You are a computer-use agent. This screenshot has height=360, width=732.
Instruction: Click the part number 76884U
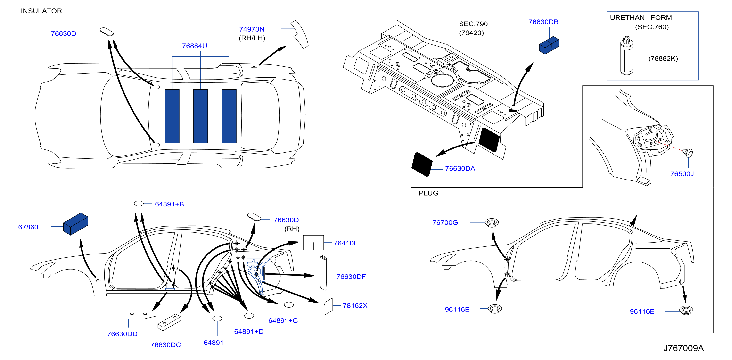(x=195, y=46)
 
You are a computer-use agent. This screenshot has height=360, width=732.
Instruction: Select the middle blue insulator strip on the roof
(x=200, y=116)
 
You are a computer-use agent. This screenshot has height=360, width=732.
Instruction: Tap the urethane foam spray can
(x=626, y=56)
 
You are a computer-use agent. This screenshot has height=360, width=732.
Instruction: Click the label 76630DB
(x=543, y=22)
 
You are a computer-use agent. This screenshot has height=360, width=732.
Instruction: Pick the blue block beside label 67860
(x=76, y=224)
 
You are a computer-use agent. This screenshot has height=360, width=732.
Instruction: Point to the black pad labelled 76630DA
(x=422, y=164)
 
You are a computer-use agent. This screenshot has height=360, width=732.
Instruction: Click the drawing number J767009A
(x=683, y=348)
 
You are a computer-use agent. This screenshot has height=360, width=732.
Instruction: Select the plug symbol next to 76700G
(x=492, y=222)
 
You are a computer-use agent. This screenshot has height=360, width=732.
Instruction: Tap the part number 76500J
(x=682, y=174)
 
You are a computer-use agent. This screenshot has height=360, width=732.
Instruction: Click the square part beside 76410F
(x=313, y=242)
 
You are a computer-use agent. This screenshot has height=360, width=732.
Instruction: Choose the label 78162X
(x=355, y=305)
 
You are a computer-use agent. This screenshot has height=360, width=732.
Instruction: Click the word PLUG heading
(x=428, y=193)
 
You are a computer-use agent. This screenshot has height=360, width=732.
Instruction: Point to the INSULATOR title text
(x=41, y=11)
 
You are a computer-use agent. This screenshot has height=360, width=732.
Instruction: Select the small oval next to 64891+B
(x=139, y=204)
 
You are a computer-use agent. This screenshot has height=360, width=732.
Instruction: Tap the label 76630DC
(x=166, y=345)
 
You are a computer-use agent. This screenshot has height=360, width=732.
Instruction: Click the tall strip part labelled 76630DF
(x=323, y=273)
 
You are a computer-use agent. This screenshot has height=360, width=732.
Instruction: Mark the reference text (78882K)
(x=663, y=58)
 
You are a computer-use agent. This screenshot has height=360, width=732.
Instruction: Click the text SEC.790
(x=473, y=24)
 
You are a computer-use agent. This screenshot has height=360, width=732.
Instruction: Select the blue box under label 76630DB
(x=549, y=45)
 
